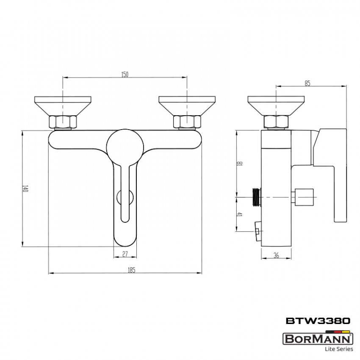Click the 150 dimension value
point(125,75)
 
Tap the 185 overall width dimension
point(131,270)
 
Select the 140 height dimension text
point(25,188)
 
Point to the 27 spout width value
point(125,254)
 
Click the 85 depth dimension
point(307,83)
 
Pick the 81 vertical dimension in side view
point(239,163)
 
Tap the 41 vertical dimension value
point(239,215)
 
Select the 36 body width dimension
point(277,255)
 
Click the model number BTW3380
point(318,321)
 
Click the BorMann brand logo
point(317,338)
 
